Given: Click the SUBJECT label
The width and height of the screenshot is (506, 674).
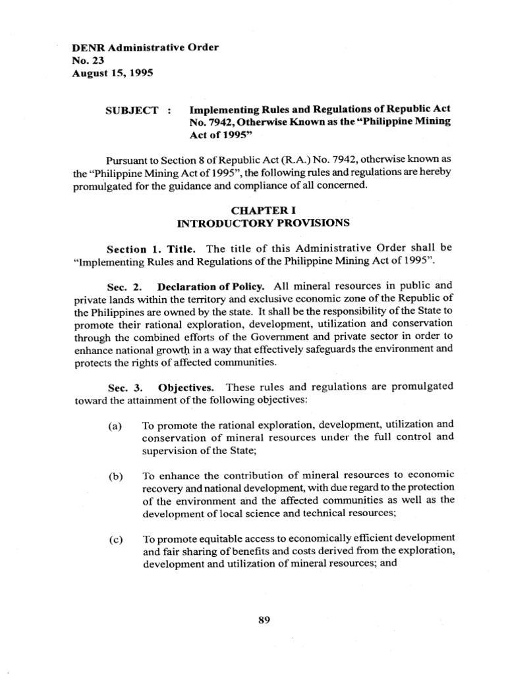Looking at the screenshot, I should [x=132, y=110].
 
